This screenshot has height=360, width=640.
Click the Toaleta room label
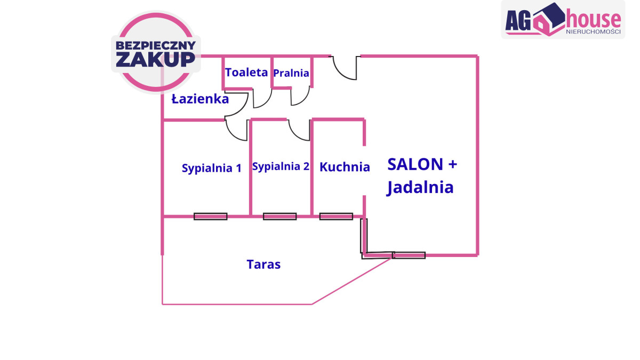(x=246, y=73)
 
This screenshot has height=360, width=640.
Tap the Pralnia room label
(x=291, y=73)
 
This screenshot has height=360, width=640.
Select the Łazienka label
(x=200, y=99)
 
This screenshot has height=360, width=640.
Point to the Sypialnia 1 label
(x=212, y=168)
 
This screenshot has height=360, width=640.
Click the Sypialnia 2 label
(x=281, y=166)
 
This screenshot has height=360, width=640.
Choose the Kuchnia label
(x=345, y=167)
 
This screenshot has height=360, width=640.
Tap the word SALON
(x=415, y=164)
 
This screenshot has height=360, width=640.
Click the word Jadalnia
(x=420, y=187)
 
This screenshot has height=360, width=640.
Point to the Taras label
(x=263, y=264)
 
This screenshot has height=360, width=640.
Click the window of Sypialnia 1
(x=210, y=217)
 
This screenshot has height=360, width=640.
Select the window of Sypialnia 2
(x=279, y=217)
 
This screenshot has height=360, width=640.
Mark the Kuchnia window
(x=336, y=217)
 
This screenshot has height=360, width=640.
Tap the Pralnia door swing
(x=301, y=96)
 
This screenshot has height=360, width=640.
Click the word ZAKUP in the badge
(x=155, y=59)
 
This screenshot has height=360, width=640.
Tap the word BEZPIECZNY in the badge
(x=155, y=45)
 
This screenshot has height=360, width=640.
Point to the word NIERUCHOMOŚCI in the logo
(x=593, y=31)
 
